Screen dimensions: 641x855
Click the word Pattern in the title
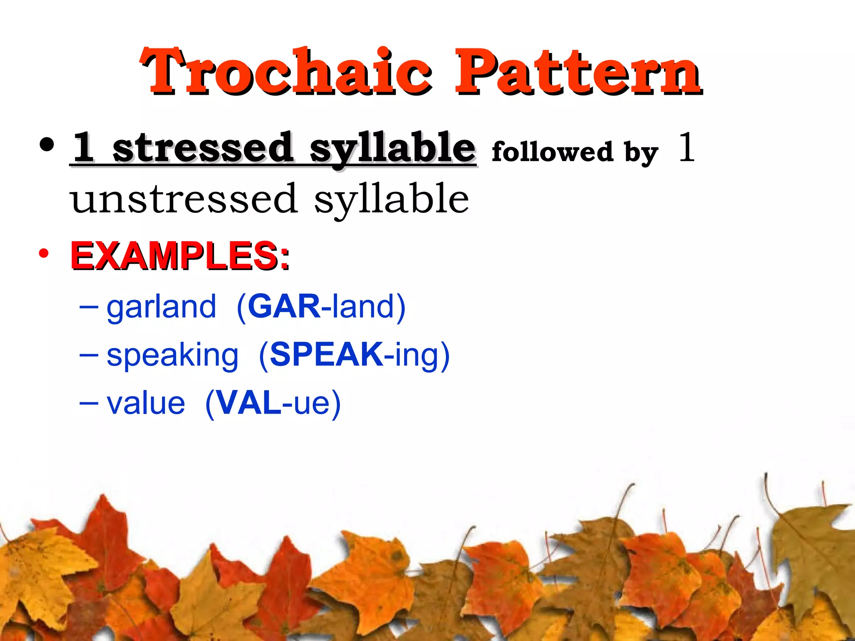point(578,72)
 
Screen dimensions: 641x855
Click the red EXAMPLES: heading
point(180,255)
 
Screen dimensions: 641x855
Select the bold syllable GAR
point(284,306)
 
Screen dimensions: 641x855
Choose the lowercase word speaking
point(172,356)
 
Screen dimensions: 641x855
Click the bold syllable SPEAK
point(326,355)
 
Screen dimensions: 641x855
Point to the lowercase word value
point(146,404)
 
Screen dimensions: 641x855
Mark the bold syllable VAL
point(249,403)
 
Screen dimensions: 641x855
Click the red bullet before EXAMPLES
point(44,253)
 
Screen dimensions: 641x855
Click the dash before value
point(89,404)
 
